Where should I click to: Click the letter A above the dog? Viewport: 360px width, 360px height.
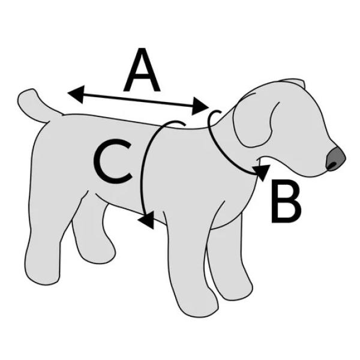(x=142, y=70)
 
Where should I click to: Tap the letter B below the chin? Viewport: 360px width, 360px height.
(x=286, y=201)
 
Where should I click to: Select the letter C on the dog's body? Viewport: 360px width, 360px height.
(x=113, y=161)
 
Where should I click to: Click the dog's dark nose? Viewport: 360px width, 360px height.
(x=335, y=158)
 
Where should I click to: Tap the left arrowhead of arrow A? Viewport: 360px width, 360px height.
(x=76, y=94)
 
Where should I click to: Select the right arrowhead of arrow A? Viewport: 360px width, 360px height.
(x=200, y=106)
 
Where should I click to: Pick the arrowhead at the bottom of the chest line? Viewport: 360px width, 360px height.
(x=146, y=220)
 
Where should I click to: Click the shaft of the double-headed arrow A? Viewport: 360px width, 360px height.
(x=138, y=100)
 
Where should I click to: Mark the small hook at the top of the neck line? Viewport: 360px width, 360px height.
(x=215, y=114)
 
